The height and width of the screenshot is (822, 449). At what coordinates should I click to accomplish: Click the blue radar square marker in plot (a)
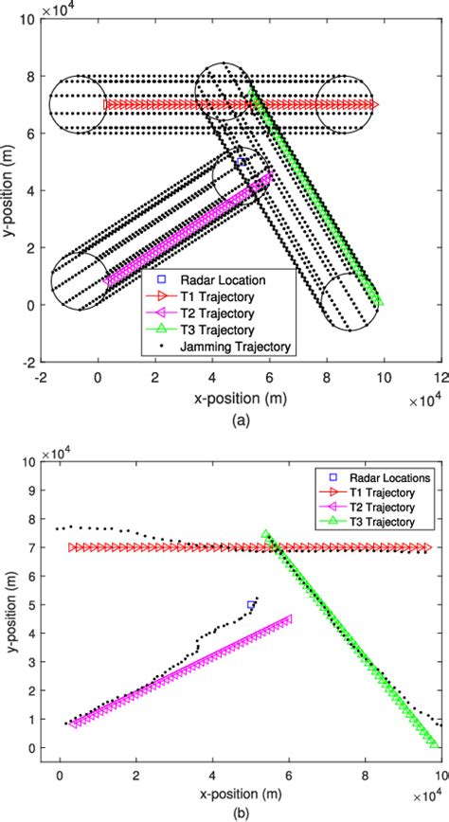point(241,162)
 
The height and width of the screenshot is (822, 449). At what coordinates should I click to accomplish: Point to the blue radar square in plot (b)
point(251,604)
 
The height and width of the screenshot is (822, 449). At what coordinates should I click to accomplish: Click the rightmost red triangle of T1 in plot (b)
point(427,547)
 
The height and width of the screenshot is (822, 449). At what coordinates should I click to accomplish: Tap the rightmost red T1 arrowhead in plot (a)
point(374,104)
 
